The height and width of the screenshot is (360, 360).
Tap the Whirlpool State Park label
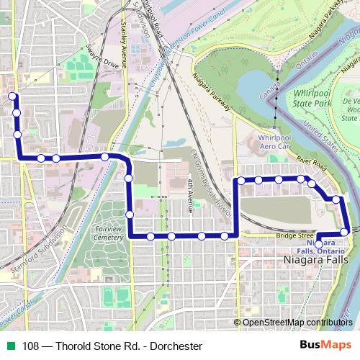[318, 99]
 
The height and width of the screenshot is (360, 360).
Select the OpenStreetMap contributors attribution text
[297, 323]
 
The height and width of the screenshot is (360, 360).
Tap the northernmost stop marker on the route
[12, 96]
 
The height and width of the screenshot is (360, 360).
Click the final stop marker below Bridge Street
[319, 245]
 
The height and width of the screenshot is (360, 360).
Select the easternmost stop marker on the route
[345, 231]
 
